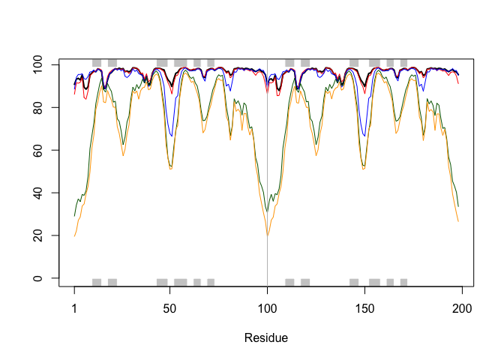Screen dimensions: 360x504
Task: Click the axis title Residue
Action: point(266,338)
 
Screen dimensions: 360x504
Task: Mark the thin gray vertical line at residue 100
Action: point(267,172)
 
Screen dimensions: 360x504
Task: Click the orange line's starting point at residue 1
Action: point(75,236)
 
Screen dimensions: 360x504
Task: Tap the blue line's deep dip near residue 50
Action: point(172,136)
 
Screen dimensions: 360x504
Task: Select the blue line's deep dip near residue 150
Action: point(364,136)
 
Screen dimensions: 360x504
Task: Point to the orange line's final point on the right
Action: point(457,221)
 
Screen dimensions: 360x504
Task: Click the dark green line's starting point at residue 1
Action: point(75,216)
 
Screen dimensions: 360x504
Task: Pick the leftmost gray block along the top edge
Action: point(96,63)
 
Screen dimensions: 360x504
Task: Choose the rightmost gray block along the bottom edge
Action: point(403,282)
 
